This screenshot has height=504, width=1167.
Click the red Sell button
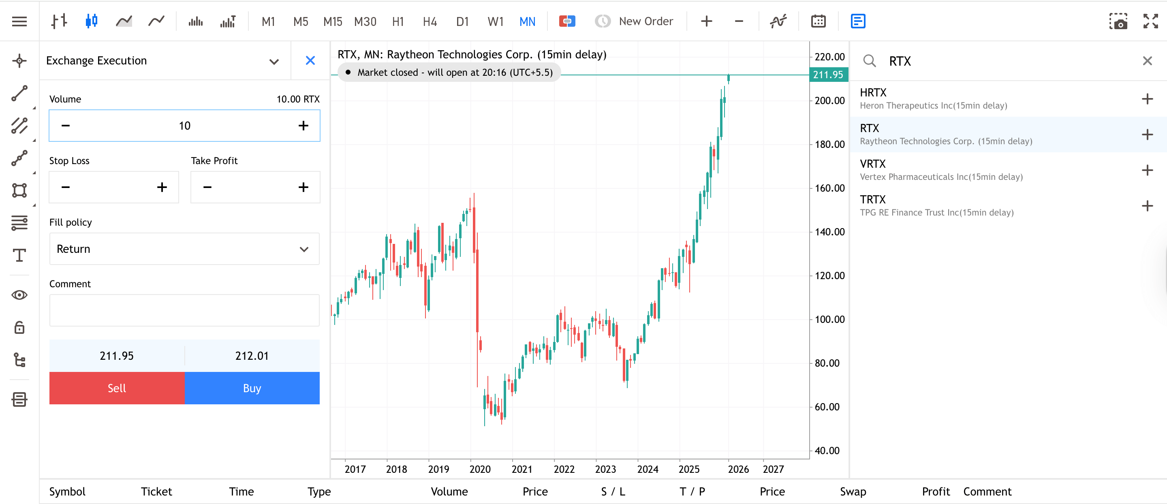[116, 388]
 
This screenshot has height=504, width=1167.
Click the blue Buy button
[252, 388]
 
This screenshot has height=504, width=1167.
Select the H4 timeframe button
[429, 21]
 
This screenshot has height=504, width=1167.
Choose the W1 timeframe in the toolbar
[495, 21]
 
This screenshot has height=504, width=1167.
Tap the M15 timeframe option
[333, 21]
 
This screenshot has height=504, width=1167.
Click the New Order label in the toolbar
[645, 21]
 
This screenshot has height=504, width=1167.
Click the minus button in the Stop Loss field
[66, 187]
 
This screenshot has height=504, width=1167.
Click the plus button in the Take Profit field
[303, 187]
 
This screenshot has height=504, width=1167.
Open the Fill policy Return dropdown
[184, 249]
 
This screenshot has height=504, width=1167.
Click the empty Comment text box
[184, 310]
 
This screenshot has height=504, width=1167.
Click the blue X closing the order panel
[310, 61]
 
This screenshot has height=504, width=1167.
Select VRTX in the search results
[940, 170]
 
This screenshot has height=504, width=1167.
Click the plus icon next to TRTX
[1147, 206]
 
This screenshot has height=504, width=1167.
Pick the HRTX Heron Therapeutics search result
[933, 99]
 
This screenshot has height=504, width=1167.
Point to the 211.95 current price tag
[828, 75]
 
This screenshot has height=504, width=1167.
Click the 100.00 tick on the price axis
[829, 319]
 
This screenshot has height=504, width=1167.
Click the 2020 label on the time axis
[480, 469]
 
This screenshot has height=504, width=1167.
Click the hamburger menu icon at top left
[19, 21]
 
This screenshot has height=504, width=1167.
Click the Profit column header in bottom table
[936, 491]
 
